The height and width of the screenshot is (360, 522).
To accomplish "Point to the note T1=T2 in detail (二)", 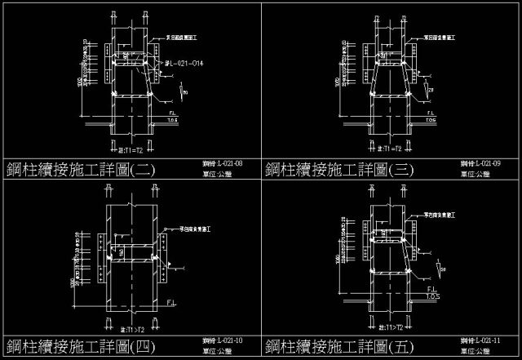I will tap(130, 150).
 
